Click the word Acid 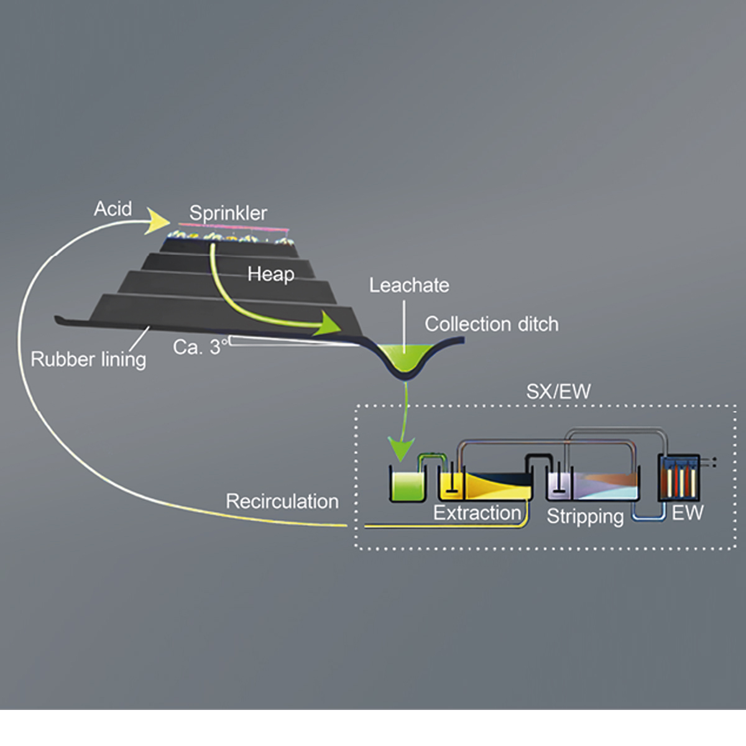click(113, 209)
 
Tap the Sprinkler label click(228, 213)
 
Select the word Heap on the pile click(270, 274)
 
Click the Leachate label click(408, 285)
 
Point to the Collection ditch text click(491, 324)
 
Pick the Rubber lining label click(88, 359)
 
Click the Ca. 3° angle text click(198, 347)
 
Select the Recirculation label click(282, 501)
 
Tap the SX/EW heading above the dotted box click(558, 392)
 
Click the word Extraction click(477, 513)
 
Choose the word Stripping click(584, 516)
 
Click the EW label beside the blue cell click(688, 513)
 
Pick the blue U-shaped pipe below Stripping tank click(649, 515)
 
